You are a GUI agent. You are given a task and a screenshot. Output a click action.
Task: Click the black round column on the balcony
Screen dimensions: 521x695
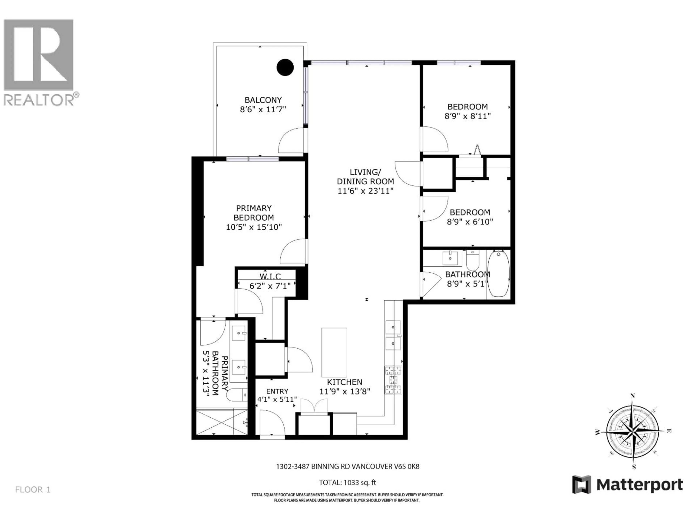click(285, 67)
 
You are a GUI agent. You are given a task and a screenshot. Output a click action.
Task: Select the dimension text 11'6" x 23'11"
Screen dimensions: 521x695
click(365, 191)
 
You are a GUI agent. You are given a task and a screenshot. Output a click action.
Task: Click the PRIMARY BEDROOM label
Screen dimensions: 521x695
click(254, 213)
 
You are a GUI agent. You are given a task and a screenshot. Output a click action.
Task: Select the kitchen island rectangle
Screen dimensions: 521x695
click(334, 352)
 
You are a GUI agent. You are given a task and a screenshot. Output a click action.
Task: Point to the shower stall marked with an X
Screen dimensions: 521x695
click(215, 422)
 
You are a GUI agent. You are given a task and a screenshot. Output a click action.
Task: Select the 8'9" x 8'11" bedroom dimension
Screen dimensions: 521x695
click(467, 116)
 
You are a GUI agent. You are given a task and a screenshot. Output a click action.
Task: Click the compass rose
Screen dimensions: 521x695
click(633, 431)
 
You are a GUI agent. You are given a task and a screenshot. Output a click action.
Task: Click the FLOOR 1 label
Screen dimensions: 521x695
click(33, 490)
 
